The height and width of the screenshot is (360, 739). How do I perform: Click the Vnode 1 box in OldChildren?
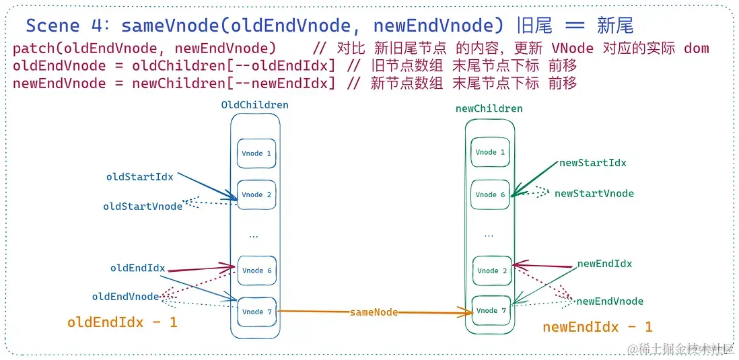click(x=256, y=153)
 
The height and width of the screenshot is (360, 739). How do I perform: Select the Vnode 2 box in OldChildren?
click(x=256, y=194)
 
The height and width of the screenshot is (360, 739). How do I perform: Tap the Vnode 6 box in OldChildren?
click(x=256, y=271)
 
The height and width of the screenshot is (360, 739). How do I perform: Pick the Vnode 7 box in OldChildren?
click(x=256, y=312)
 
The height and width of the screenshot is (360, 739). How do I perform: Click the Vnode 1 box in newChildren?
click(x=490, y=152)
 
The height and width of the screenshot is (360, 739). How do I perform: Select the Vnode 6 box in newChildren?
click(x=490, y=194)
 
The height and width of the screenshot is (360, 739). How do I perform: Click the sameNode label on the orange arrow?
click(x=374, y=312)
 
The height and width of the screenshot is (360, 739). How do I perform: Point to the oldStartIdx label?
click(x=139, y=177)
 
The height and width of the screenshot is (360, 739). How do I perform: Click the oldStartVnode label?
click(x=142, y=207)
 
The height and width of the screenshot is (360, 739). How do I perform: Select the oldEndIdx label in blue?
click(x=137, y=268)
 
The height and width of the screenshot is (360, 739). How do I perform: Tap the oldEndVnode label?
click(x=125, y=296)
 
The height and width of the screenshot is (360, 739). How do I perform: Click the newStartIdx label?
click(x=592, y=163)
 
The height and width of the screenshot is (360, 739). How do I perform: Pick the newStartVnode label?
click(x=594, y=193)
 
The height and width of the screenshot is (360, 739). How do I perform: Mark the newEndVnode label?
click(x=609, y=301)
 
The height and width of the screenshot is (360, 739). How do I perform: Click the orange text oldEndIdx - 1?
click(x=122, y=322)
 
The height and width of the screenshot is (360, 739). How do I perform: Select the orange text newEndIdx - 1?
click(x=597, y=327)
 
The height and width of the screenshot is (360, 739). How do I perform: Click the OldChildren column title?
click(x=254, y=105)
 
